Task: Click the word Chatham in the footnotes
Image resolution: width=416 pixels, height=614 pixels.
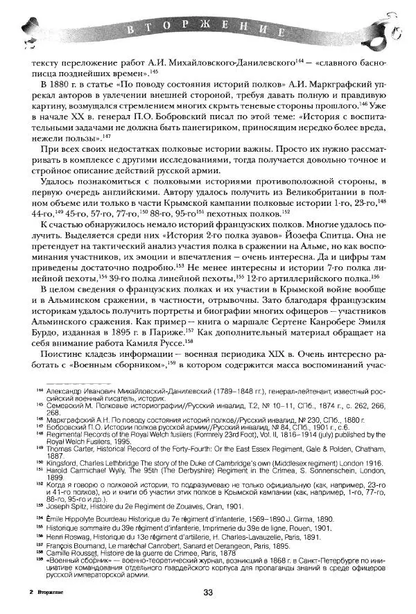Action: [x=376, y=446]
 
